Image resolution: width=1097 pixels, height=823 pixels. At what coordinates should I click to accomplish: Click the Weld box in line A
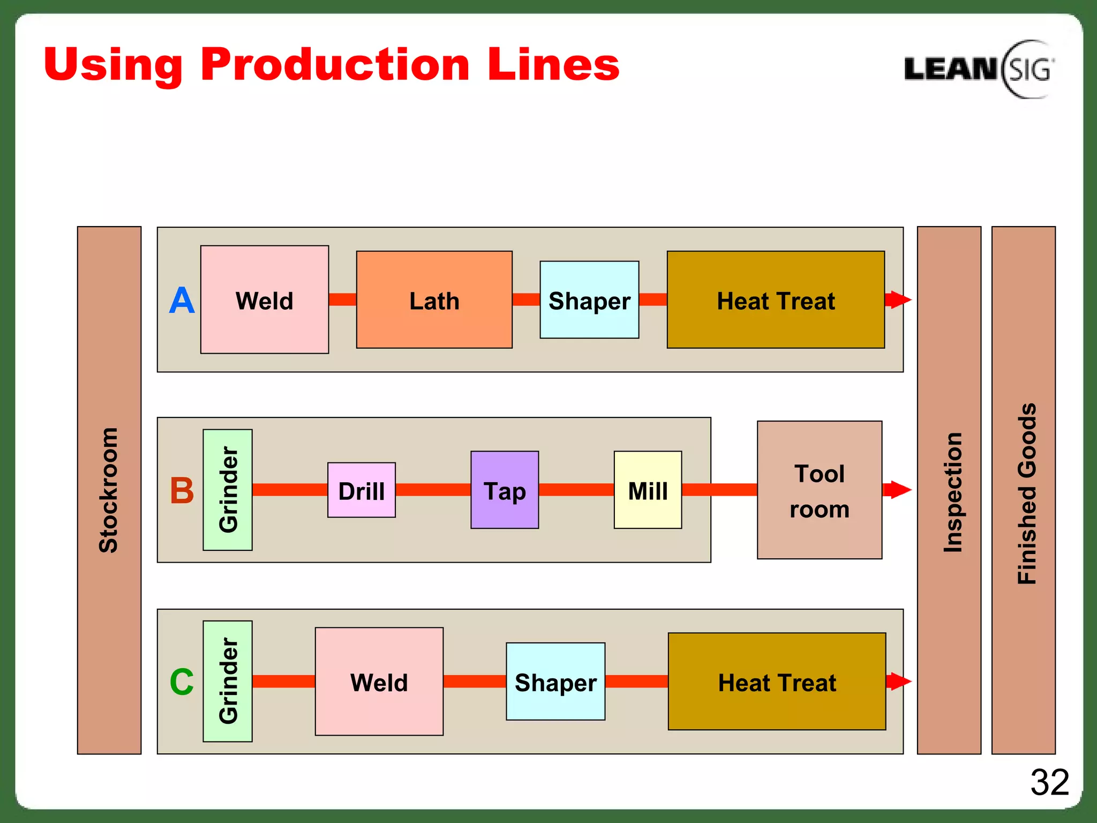tap(265, 300)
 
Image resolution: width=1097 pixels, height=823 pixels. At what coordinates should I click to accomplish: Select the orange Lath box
tap(434, 300)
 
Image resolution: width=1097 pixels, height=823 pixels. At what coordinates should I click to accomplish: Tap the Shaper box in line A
tap(589, 300)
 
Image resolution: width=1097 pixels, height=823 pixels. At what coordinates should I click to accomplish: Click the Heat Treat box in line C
tap(777, 682)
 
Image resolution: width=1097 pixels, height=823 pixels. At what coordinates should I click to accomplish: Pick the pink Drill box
tap(362, 490)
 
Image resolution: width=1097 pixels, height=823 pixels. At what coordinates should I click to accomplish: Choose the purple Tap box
tap(505, 490)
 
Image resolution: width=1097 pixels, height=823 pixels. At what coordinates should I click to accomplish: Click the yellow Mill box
tap(648, 490)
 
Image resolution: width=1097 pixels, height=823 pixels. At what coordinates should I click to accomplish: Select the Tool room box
tap(819, 490)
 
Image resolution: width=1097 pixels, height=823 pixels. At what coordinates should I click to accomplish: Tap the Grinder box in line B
tap(228, 490)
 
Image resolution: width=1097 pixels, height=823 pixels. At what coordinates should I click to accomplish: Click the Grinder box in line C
tap(228, 681)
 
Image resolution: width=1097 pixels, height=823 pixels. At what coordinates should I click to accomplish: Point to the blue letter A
tap(182, 301)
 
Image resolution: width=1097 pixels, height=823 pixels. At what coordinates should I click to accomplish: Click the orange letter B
tap(182, 491)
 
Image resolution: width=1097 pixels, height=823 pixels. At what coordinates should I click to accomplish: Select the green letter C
tap(182, 682)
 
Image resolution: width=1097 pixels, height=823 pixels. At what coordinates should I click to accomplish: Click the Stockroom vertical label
tap(109, 490)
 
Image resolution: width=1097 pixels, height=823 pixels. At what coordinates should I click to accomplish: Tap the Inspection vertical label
tap(953, 492)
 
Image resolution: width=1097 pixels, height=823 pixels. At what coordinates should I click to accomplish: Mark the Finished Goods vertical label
tap(1027, 493)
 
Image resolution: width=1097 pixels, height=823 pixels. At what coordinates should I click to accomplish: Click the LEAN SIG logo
tap(979, 69)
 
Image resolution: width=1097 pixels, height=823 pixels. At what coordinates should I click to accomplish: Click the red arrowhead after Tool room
tap(899, 490)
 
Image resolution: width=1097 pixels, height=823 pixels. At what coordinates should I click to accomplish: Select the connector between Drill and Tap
tap(433, 490)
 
